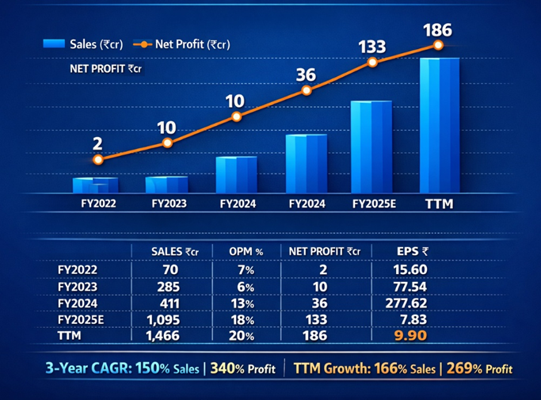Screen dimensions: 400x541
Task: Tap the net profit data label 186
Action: point(437,31)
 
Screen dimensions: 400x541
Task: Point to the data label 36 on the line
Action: point(306,75)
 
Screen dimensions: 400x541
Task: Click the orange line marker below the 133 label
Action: point(372,63)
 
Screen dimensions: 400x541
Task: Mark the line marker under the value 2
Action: point(97,159)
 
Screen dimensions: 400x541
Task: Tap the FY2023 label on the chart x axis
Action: point(169,204)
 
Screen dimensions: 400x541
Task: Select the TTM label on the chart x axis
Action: point(439,204)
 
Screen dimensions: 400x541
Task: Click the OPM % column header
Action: point(246,252)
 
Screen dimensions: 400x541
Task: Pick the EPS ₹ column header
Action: point(413,252)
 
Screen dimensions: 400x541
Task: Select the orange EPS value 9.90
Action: point(412,336)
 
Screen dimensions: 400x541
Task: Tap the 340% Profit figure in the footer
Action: point(242,368)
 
